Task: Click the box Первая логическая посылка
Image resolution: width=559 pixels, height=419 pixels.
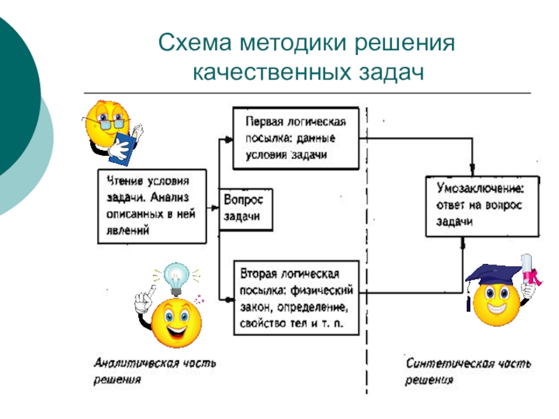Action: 296,138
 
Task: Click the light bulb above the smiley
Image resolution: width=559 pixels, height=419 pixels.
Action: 177,277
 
